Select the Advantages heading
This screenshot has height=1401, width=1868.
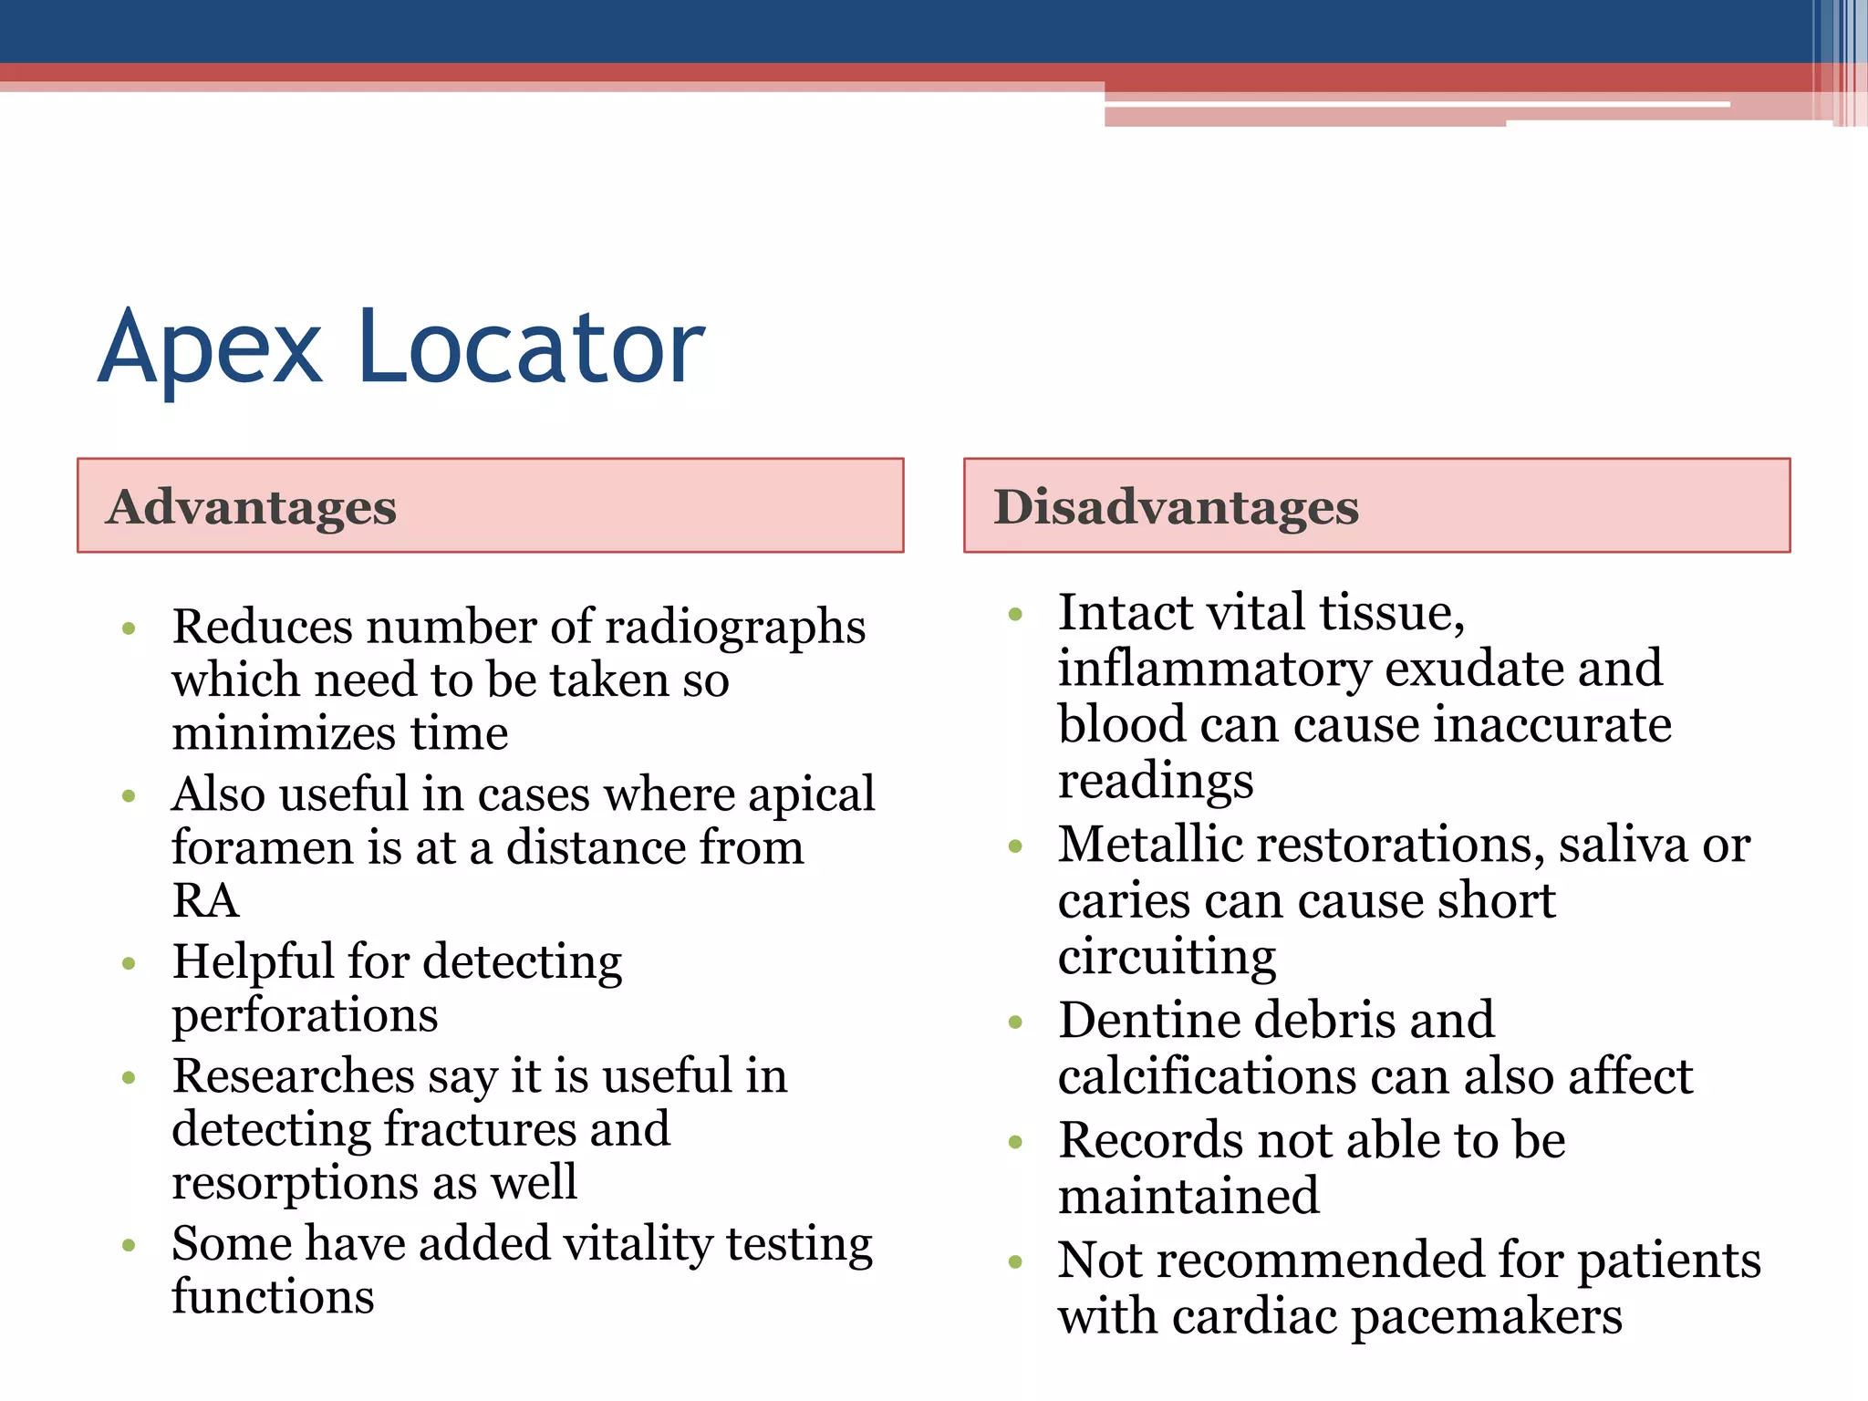251,507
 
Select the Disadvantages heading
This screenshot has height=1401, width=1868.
1176,507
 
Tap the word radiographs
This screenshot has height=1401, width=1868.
735,628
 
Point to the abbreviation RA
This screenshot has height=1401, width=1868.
205,901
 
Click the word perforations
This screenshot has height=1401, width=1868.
305,1015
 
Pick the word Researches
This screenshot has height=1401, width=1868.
294,1076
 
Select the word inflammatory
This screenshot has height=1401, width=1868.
1214,669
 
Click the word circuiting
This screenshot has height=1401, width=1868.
1167,957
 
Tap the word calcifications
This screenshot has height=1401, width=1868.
1207,1077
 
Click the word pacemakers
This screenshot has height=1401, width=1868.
1486,1317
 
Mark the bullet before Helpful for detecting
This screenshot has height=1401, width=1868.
129,963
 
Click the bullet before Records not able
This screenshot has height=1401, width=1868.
1016,1142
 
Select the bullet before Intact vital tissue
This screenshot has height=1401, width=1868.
1016,614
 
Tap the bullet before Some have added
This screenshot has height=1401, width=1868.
129,1245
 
